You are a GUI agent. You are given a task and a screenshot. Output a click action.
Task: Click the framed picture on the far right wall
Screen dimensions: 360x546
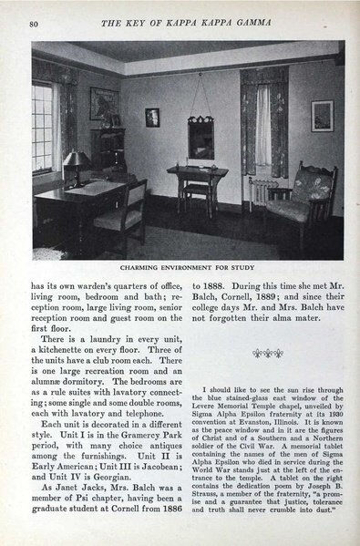[322, 116]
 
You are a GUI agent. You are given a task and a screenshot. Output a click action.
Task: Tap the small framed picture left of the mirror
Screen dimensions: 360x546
[152, 117]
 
